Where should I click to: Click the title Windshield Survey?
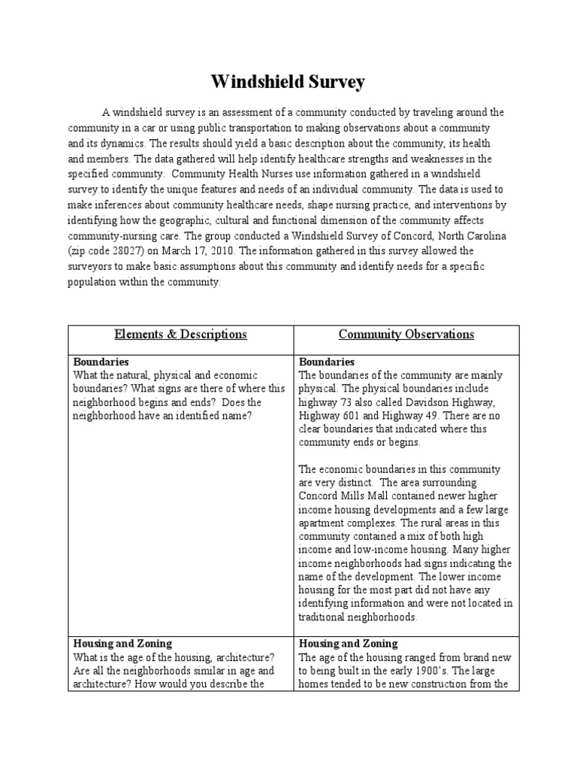point(288,80)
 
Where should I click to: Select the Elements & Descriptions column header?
point(180,335)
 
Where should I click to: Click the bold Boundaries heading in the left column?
point(101,362)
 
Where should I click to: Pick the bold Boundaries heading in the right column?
point(327,362)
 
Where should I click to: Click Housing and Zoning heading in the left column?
point(122,644)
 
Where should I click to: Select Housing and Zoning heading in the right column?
point(349,644)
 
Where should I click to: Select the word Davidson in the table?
point(430,402)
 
